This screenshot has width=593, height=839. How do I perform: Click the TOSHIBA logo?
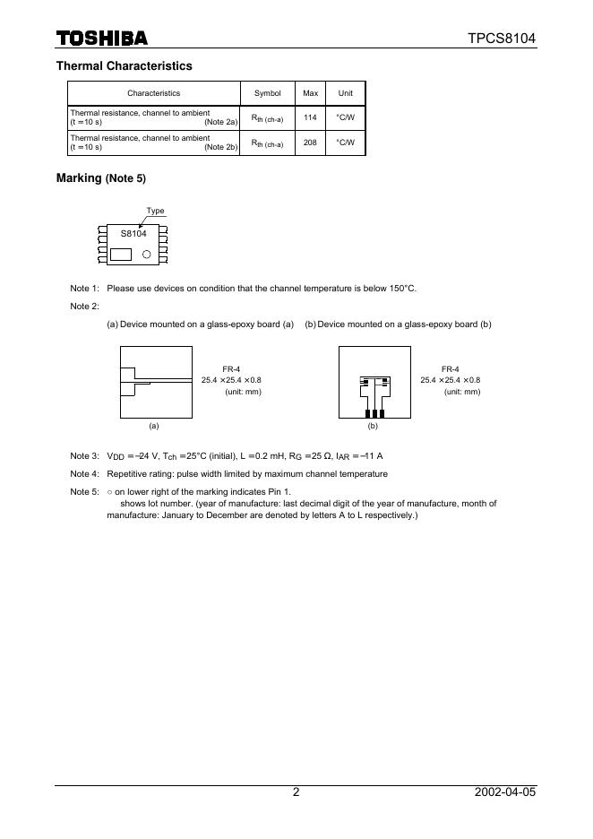(101, 39)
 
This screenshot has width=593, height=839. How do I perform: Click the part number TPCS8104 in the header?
(502, 39)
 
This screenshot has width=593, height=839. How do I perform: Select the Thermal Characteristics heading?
(124, 65)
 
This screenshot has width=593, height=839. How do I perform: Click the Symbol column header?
(267, 93)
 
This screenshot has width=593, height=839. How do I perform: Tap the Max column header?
(310, 93)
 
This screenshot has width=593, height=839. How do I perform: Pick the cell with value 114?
(310, 117)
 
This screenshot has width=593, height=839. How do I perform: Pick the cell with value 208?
(310, 143)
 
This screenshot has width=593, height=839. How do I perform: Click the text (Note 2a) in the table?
(220, 121)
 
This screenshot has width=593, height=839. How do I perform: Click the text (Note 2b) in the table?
(220, 146)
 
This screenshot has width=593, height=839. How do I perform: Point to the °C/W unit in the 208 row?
(345, 143)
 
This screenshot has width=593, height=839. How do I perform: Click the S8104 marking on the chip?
(133, 233)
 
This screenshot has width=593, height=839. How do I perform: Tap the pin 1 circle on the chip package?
(146, 254)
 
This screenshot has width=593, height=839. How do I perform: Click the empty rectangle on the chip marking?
(120, 254)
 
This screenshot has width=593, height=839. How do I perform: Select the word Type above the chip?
(156, 212)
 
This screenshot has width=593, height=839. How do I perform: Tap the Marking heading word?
(79, 178)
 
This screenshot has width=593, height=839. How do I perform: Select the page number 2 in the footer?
(296, 792)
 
